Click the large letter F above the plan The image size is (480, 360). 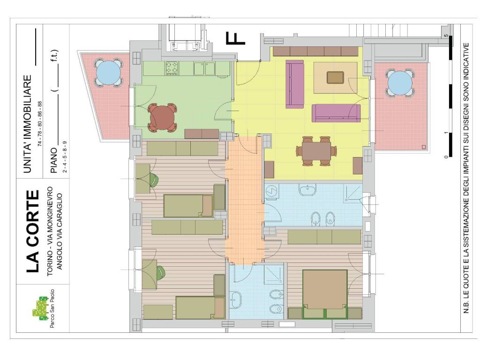coord(235,38)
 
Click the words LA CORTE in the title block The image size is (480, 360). coord(33,232)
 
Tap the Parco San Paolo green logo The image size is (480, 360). coord(40,308)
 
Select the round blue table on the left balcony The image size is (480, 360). coord(108,73)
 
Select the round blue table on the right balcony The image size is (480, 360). coord(400,83)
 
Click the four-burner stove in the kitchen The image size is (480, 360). coord(172,68)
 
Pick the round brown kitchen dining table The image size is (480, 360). coord(162,118)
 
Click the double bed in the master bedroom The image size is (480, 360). coord(325,294)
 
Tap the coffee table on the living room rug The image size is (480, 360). coord(335,77)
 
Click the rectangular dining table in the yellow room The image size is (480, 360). coord(316,151)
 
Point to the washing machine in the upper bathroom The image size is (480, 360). coord(271,191)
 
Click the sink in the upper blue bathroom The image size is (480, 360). coord(307,190)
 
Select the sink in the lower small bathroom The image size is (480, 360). coord(235,299)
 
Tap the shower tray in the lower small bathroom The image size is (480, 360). coord(273,274)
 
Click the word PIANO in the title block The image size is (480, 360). coord(54,160)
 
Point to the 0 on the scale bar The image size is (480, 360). coord(446,157)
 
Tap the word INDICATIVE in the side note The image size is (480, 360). coord(466,58)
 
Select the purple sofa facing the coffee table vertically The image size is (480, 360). coord(294,84)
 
